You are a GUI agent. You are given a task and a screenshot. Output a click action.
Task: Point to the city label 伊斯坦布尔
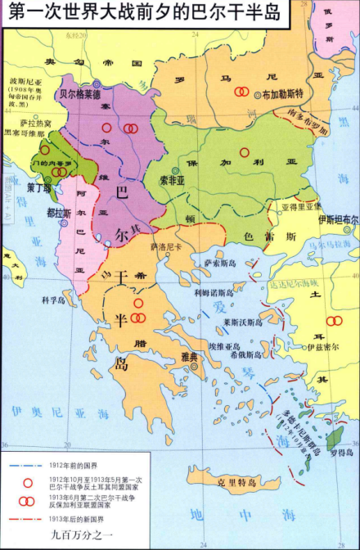point(338,220)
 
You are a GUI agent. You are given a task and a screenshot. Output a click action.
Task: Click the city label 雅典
point(191,357)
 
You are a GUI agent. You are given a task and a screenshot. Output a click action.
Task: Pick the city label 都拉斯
point(58,213)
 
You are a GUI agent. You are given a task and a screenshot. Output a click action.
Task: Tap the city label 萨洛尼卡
point(166,246)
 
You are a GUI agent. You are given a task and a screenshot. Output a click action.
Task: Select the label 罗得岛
point(336,450)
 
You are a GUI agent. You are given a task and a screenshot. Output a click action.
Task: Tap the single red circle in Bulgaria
point(244,152)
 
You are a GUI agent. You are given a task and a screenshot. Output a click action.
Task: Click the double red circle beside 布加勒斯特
point(241,92)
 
